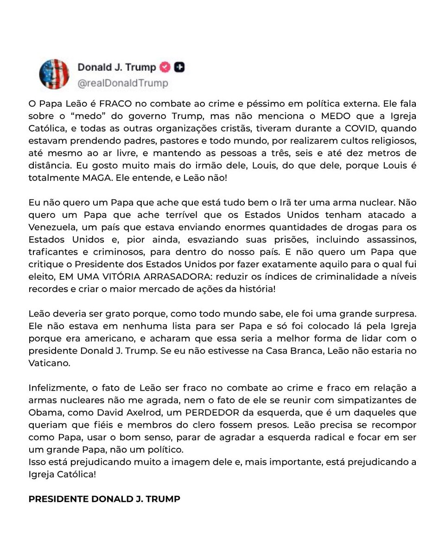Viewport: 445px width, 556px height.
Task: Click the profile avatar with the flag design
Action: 54,74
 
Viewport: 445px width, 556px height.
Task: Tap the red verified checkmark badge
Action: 165,67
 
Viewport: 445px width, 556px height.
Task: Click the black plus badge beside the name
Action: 179,67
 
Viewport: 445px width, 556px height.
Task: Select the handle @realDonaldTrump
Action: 122,83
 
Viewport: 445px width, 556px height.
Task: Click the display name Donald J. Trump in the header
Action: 116,67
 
